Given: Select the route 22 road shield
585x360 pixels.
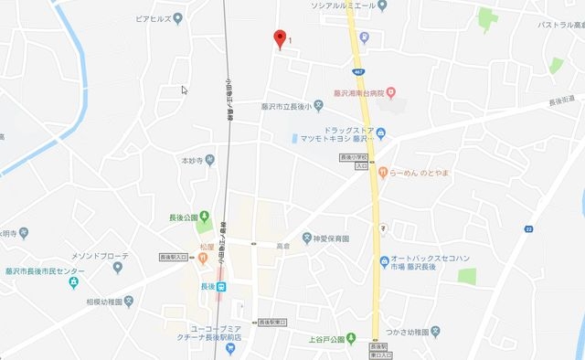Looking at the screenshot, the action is tap(529, 228).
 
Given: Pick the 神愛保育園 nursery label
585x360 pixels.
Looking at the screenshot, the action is tap(331, 238).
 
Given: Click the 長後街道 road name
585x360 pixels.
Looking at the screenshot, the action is tap(561, 100).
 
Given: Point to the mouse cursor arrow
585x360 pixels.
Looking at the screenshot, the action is tap(185, 90).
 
